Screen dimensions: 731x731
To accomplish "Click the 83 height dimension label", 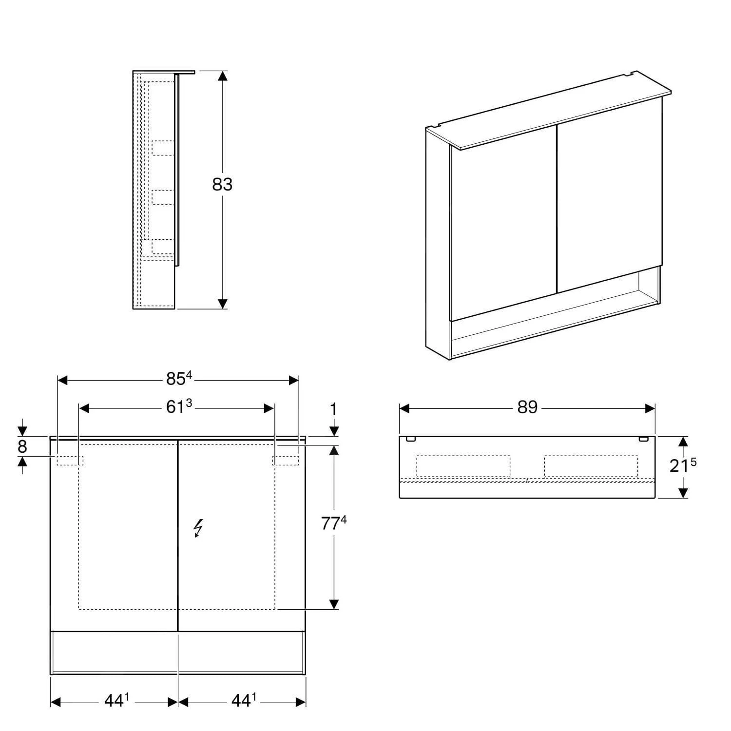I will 222,184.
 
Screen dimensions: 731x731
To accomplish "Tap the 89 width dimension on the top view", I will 527,407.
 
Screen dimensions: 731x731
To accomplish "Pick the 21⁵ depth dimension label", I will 682,465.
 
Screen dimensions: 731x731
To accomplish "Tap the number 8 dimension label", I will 22,446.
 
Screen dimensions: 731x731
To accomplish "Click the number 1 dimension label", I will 334,410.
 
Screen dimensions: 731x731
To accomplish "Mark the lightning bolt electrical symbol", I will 198,528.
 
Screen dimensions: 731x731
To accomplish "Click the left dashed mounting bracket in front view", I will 70,460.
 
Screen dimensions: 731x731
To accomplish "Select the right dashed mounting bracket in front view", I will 286,460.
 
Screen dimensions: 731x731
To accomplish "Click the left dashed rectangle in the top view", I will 463,466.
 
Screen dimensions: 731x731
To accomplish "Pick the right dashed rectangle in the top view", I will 591,466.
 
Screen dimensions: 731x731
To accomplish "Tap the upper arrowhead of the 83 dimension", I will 222,76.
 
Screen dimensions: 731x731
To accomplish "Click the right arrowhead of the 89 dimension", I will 650,408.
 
